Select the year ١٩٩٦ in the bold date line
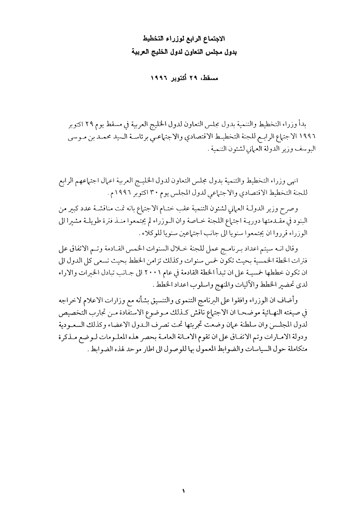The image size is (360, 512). coord(162,77)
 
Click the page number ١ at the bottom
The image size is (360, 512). coord(183,489)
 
